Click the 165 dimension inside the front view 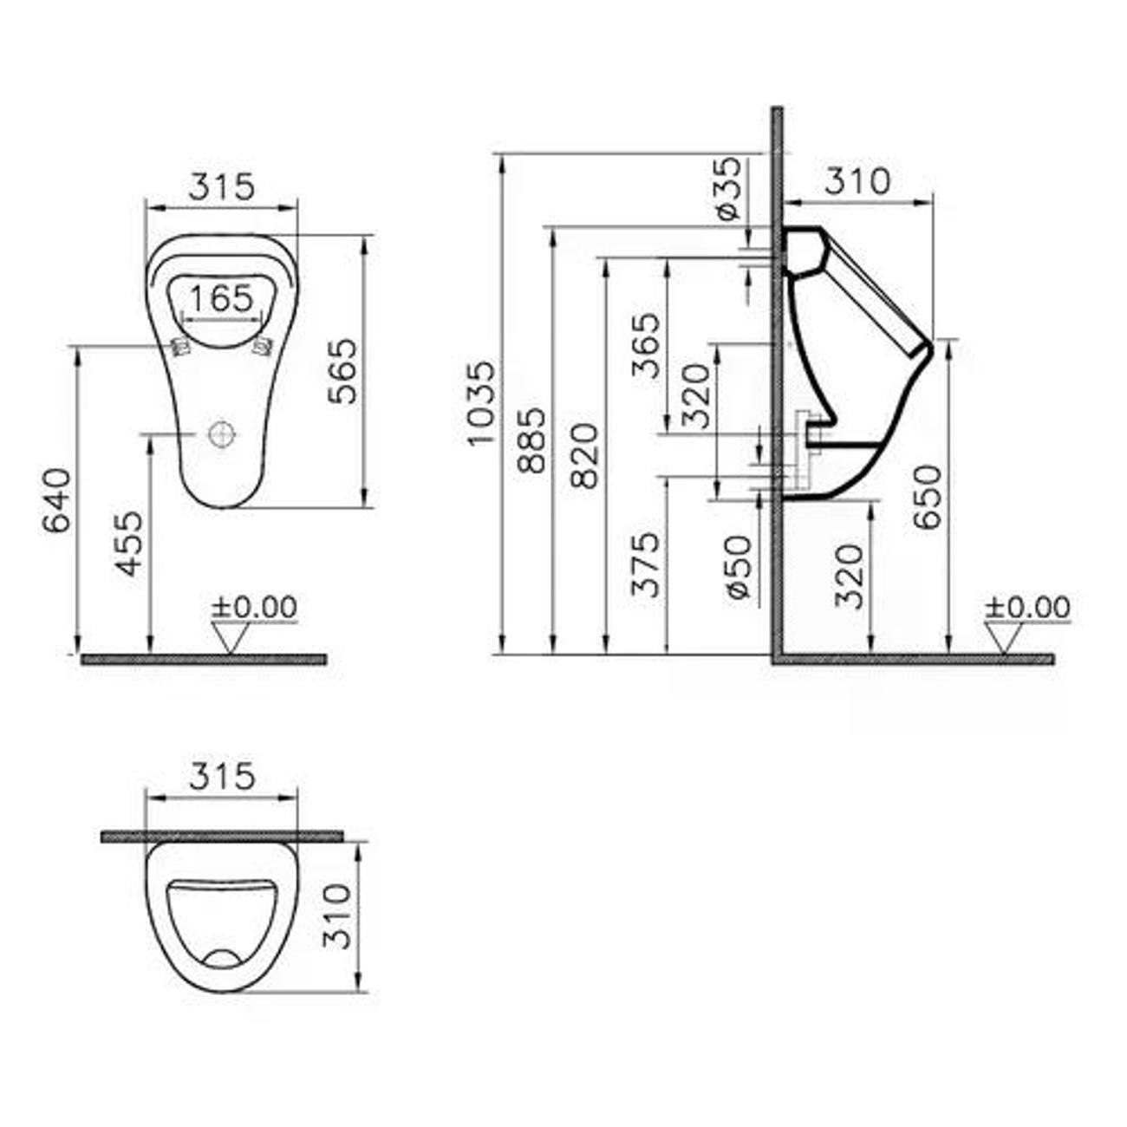222,298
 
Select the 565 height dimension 342,371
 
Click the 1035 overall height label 483,403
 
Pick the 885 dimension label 532,440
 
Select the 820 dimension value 585,456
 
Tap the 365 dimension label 646,346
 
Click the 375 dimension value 646,564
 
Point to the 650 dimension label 928,497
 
